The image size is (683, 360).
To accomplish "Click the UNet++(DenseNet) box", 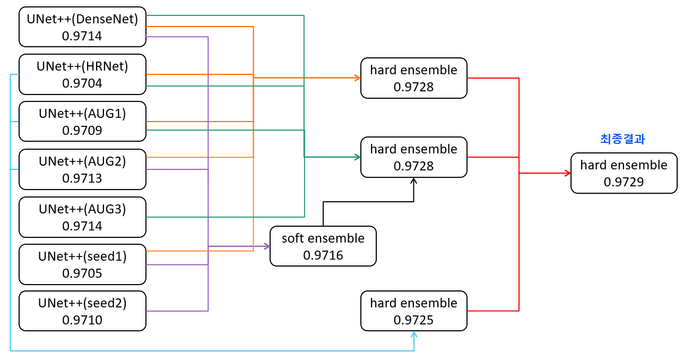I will pyautogui.click(x=82, y=27).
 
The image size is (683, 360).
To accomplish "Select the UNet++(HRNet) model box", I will pyautogui.click(x=82, y=74).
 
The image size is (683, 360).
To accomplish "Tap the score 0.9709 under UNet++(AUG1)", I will pyautogui.click(x=82, y=131).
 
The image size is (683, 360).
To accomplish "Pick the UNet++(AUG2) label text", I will pyautogui.click(x=82, y=161).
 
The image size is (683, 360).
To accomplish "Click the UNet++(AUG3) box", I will pyautogui.click(x=82, y=217).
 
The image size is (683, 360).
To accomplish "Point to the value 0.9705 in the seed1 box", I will pyautogui.click(x=82, y=273).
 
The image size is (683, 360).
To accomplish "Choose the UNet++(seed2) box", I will pyautogui.click(x=82, y=311).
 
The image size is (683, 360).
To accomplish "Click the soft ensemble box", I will pyautogui.click(x=323, y=246).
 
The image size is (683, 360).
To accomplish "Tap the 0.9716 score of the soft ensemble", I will pyautogui.click(x=323, y=255).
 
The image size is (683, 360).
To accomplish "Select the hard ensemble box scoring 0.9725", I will pyautogui.click(x=413, y=311).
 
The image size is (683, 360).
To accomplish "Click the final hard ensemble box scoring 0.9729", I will pyautogui.click(x=624, y=173).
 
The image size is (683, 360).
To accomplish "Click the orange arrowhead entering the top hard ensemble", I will pyautogui.click(x=357, y=78).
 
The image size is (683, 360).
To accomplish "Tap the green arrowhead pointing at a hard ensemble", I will pyautogui.click(x=357, y=157).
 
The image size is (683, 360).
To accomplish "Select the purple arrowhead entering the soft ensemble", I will pyautogui.click(x=266, y=246).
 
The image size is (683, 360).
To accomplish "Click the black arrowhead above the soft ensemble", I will pyautogui.click(x=413, y=181).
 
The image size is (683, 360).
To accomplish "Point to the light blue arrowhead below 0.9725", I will pyautogui.click(x=413, y=335).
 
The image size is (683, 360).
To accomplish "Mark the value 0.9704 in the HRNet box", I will pyautogui.click(x=82, y=83).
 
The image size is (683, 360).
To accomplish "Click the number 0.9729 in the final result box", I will pyautogui.click(x=624, y=182).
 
